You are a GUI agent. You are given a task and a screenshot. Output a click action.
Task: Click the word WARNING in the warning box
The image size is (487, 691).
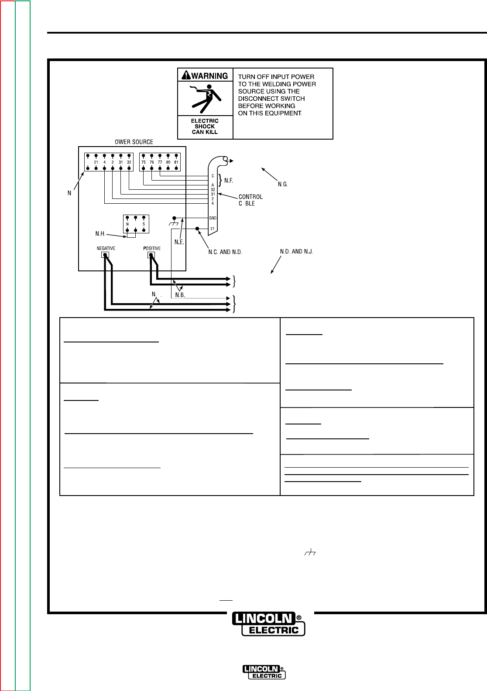coord(209,76)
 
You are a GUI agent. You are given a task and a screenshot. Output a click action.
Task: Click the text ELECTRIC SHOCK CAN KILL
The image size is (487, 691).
coord(205,127)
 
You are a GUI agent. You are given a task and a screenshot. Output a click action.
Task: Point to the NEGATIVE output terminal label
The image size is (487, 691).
coord(106,248)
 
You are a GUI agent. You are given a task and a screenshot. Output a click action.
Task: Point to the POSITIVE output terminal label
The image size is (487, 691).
coord(152,248)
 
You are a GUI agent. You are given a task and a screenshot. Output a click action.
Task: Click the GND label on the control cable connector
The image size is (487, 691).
coord(213,218)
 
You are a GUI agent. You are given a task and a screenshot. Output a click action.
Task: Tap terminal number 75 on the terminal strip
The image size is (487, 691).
coord(144,162)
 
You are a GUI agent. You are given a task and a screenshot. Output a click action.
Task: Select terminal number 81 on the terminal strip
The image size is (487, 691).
coord(176,162)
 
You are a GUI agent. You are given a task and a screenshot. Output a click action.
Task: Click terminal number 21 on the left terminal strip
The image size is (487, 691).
coord(96,162)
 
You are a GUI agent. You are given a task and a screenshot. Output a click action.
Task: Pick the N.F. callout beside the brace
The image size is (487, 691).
coord(229,181)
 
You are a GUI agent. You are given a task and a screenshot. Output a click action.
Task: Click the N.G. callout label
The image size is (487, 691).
coord(283,185)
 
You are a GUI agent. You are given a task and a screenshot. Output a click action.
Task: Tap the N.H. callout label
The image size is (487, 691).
coord(100,234)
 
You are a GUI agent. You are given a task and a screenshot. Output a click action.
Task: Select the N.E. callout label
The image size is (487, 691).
coord(179,242)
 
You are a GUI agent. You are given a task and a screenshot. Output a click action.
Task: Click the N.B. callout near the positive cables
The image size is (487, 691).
coord(180,295)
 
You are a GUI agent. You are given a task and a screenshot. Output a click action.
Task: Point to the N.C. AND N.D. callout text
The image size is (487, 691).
coord(225,252)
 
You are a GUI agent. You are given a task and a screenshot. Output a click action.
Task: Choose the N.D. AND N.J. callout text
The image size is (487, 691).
coord(297,252)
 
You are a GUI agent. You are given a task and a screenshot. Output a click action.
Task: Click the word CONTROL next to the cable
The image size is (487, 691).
coord(250,197)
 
